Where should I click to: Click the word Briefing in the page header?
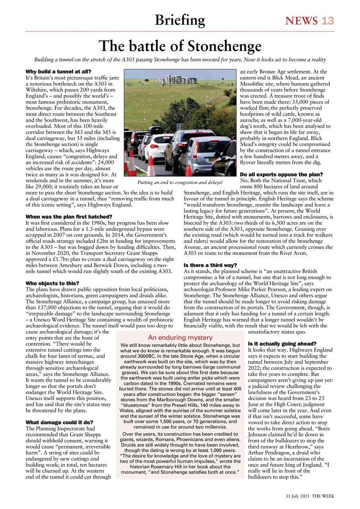180,20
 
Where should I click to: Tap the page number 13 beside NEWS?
328,21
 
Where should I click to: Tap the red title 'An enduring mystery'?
180,338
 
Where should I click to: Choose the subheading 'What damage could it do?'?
59,422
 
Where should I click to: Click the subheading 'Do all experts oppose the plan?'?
281,175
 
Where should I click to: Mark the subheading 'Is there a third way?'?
210,265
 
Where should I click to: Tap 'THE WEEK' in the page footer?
323,496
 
